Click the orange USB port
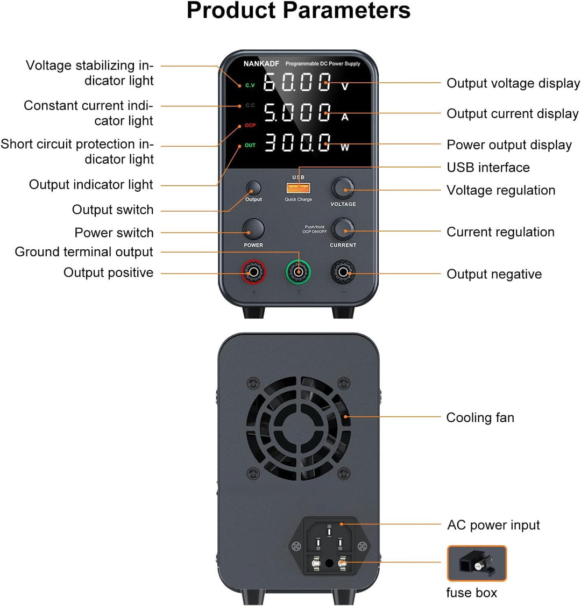pos(298,188)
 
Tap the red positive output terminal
pos(253,272)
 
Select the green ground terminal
pos(298,272)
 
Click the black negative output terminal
pos(343,272)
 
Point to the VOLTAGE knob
pos(343,188)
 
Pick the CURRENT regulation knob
pos(343,229)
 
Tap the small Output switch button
pos(253,188)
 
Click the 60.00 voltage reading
pos(297,82)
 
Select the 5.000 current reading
pos(297,112)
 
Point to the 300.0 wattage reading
pos(297,142)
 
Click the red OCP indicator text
pos(250,125)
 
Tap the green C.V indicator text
pos(250,85)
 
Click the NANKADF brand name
pos(261,64)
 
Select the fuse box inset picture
pos(477,563)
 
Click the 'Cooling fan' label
pos(480,417)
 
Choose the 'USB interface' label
pos(488,167)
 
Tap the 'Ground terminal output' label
pos(84,252)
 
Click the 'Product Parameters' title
pos(299,10)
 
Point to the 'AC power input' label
pos(493,525)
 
